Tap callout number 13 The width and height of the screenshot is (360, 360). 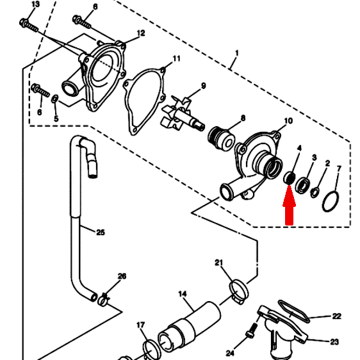pyautogui.click(x=35, y=4)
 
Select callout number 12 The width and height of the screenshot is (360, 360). pyautogui.click(x=141, y=33)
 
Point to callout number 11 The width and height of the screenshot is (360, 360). pyautogui.click(x=176, y=58)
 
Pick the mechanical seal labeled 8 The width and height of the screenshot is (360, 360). pyautogui.click(x=222, y=139)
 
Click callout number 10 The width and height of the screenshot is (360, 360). pyautogui.click(x=288, y=121)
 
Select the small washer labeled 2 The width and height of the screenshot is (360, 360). pyautogui.click(x=315, y=192)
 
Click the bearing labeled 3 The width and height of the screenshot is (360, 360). pyautogui.click(x=302, y=185)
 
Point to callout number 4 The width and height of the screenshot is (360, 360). pyautogui.click(x=299, y=148)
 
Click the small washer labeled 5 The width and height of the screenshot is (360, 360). pyautogui.click(x=54, y=99)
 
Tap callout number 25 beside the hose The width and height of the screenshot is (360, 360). pyautogui.click(x=101, y=233)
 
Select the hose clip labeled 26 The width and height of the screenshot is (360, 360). pyautogui.click(x=103, y=300)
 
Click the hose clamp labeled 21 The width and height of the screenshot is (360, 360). pyautogui.click(x=239, y=291)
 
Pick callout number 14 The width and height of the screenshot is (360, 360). pyautogui.click(x=183, y=293)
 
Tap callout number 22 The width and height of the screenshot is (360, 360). pyautogui.click(x=336, y=316)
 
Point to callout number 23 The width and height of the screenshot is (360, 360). pyautogui.click(x=334, y=342)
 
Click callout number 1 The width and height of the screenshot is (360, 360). pyautogui.click(x=237, y=53)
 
